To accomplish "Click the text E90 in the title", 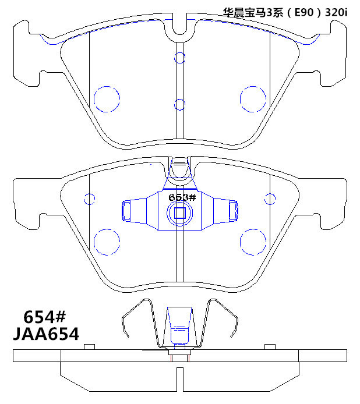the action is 304,12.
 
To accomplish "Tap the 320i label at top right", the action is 336,12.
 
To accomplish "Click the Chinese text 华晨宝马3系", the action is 253,12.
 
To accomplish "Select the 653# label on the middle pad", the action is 182,197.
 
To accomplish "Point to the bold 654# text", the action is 45,317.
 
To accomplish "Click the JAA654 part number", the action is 46,334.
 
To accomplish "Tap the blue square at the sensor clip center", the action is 180,213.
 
